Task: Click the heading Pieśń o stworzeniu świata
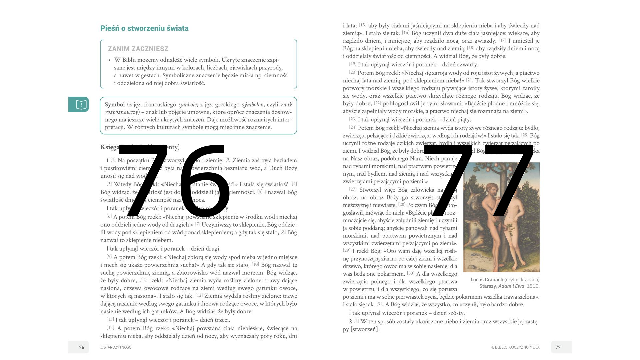coord(144,28)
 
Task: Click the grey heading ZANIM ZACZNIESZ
coord(138,49)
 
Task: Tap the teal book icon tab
coord(79,104)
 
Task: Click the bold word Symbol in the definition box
coord(115,105)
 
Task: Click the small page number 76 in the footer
coord(82,347)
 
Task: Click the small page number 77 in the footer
coord(558,347)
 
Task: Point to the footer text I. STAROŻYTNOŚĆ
coord(116,347)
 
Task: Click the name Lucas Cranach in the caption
coord(487,280)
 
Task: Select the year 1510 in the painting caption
coord(533,286)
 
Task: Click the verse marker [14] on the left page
coord(110,328)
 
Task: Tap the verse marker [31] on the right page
coord(380,304)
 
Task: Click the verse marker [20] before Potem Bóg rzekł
coord(353,72)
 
